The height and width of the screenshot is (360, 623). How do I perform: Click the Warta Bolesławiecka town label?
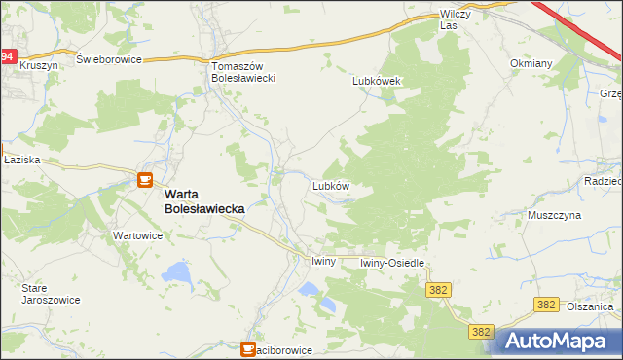pyautogui.click(x=203, y=200)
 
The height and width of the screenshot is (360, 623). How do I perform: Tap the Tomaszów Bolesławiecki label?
pyautogui.click(x=245, y=71)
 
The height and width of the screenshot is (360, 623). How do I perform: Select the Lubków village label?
pyautogui.click(x=330, y=184)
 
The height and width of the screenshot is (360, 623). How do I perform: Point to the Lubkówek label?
pyautogui.click(x=379, y=82)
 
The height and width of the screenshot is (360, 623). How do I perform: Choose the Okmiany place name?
pyautogui.click(x=531, y=63)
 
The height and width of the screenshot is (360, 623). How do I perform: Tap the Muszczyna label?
pyautogui.click(x=554, y=214)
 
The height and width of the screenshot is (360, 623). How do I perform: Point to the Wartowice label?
pyautogui.click(x=137, y=235)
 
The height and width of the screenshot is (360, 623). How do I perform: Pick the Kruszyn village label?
pyautogui.click(x=39, y=63)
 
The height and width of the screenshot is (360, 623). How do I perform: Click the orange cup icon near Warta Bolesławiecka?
pyautogui.click(x=145, y=180)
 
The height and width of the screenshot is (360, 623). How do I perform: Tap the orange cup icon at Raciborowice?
pyautogui.click(x=249, y=348)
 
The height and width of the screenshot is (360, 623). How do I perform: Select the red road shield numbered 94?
pyautogui.click(x=8, y=57)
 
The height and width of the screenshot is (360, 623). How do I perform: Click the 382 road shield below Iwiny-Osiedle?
pyautogui.click(x=437, y=290)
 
